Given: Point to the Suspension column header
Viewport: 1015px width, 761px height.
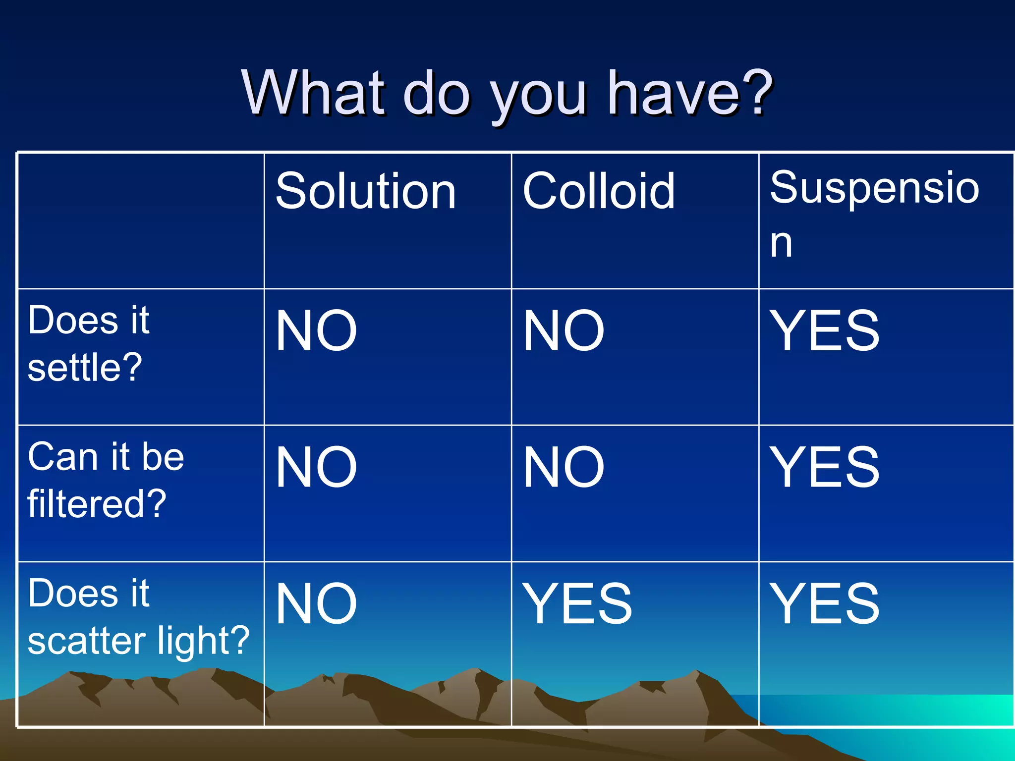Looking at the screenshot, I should coord(874,188).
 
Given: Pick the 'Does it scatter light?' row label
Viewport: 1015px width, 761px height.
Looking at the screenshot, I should coord(138,616).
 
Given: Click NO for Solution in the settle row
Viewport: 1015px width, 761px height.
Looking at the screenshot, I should coord(316,330).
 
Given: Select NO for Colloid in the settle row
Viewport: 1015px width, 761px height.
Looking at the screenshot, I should coord(564,330).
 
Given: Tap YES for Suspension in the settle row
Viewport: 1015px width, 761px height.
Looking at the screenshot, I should coord(824,330).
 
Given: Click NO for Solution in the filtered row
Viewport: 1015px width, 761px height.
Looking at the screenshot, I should coord(316,467).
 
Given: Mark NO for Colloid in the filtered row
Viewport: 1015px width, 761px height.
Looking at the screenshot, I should coord(564,467).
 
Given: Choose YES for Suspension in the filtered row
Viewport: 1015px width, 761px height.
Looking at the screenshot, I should coord(824,467).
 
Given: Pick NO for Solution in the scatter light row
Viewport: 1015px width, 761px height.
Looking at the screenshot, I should coord(316,604).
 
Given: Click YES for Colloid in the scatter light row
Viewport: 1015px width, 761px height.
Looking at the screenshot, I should coord(577,604).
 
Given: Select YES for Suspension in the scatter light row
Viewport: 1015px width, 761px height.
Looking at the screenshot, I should coord(824,604).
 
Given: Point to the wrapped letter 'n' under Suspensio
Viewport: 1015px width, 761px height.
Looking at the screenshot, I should coord(781,244).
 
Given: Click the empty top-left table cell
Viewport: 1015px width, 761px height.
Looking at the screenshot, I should coord(141,221).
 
